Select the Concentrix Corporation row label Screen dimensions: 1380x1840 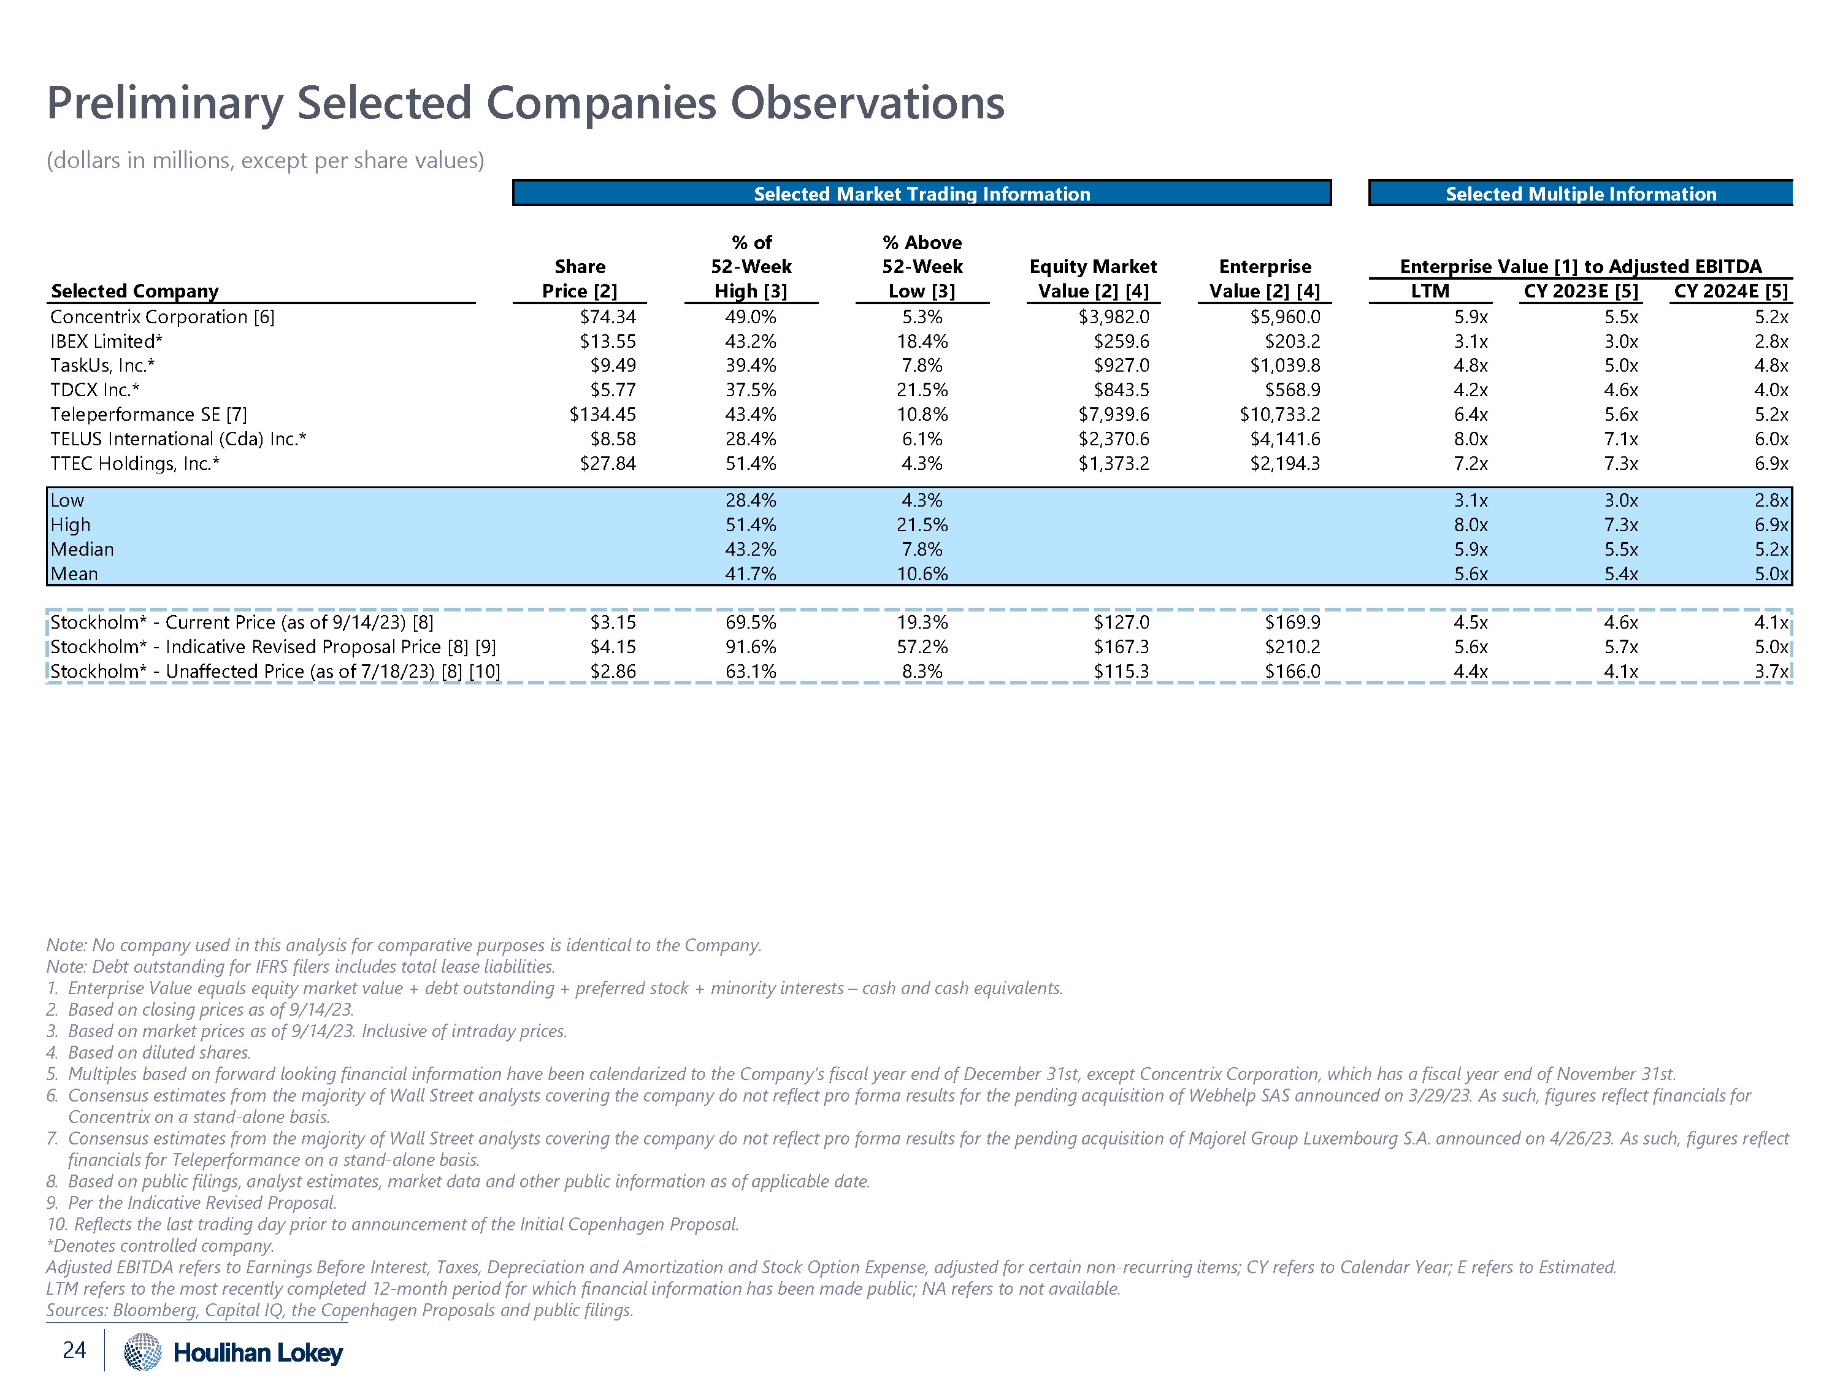162,317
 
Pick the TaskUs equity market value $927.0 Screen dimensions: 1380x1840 1121,365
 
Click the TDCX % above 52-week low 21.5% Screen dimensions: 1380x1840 922,390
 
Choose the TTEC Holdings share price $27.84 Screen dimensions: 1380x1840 607,463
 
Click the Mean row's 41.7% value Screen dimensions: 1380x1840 750,574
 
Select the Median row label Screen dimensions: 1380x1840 82,549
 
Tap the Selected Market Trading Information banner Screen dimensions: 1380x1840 922,194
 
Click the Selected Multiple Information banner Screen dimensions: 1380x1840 1581,194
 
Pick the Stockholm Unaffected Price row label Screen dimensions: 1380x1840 275,671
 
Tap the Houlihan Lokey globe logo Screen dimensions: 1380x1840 142,1351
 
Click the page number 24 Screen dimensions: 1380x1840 74,1349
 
